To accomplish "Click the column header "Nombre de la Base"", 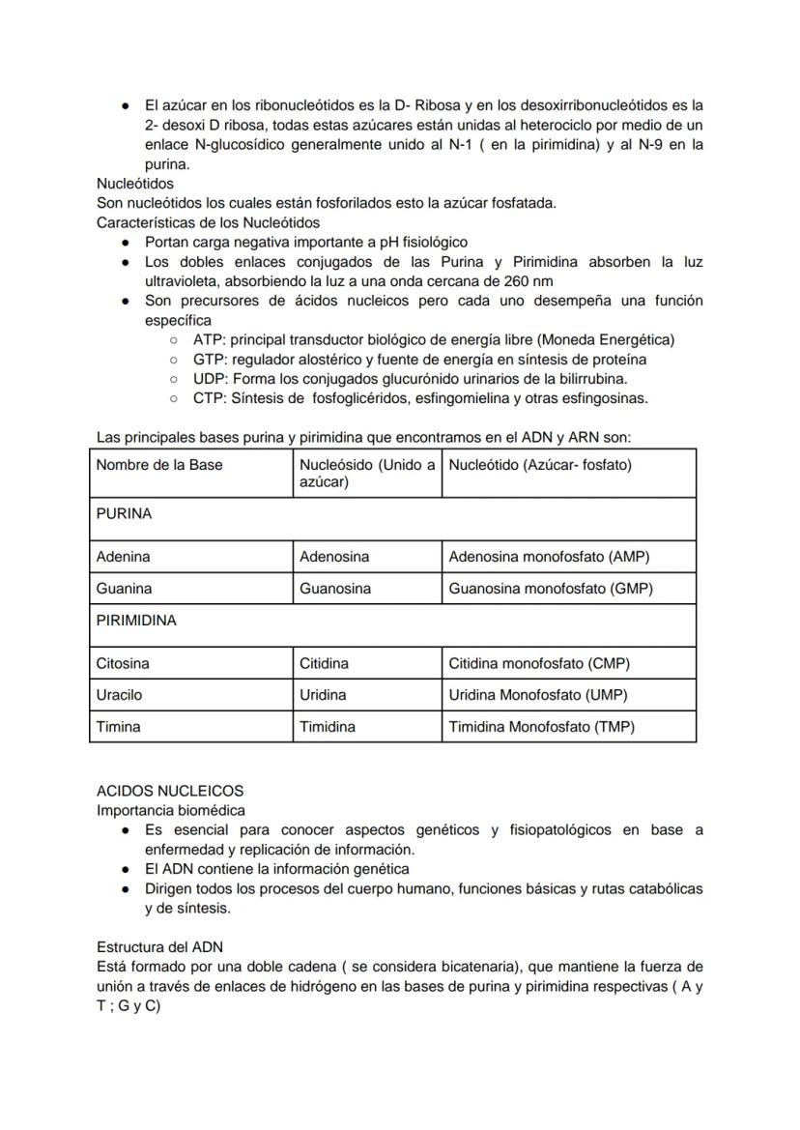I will pyautogui.click(x=159, y=465).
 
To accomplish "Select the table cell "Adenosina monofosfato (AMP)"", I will pyautogui.click(x=549, y=557).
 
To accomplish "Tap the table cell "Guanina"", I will pyautogui.click(x=124, y=589).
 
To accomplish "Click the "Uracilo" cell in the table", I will pyautogui.click(x=119, y=695).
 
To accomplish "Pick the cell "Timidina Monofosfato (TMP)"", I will pyautogui.click(x=548, y=727).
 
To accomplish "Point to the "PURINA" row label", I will pyautogui.click(x=124, y=514).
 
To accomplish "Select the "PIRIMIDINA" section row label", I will pyautogui.click(x=136, y=621).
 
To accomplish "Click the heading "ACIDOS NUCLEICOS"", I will pyautogui.click(x=170, y=791).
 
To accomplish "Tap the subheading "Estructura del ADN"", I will pyautogui.click(x=159, y=946).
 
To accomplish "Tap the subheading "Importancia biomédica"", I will pyautogui.click(x=171, y=810).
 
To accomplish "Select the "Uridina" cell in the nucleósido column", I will pyautogui.click(x=323, y=695).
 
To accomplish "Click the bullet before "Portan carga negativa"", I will pyautogui.click(x=126, y=243).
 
